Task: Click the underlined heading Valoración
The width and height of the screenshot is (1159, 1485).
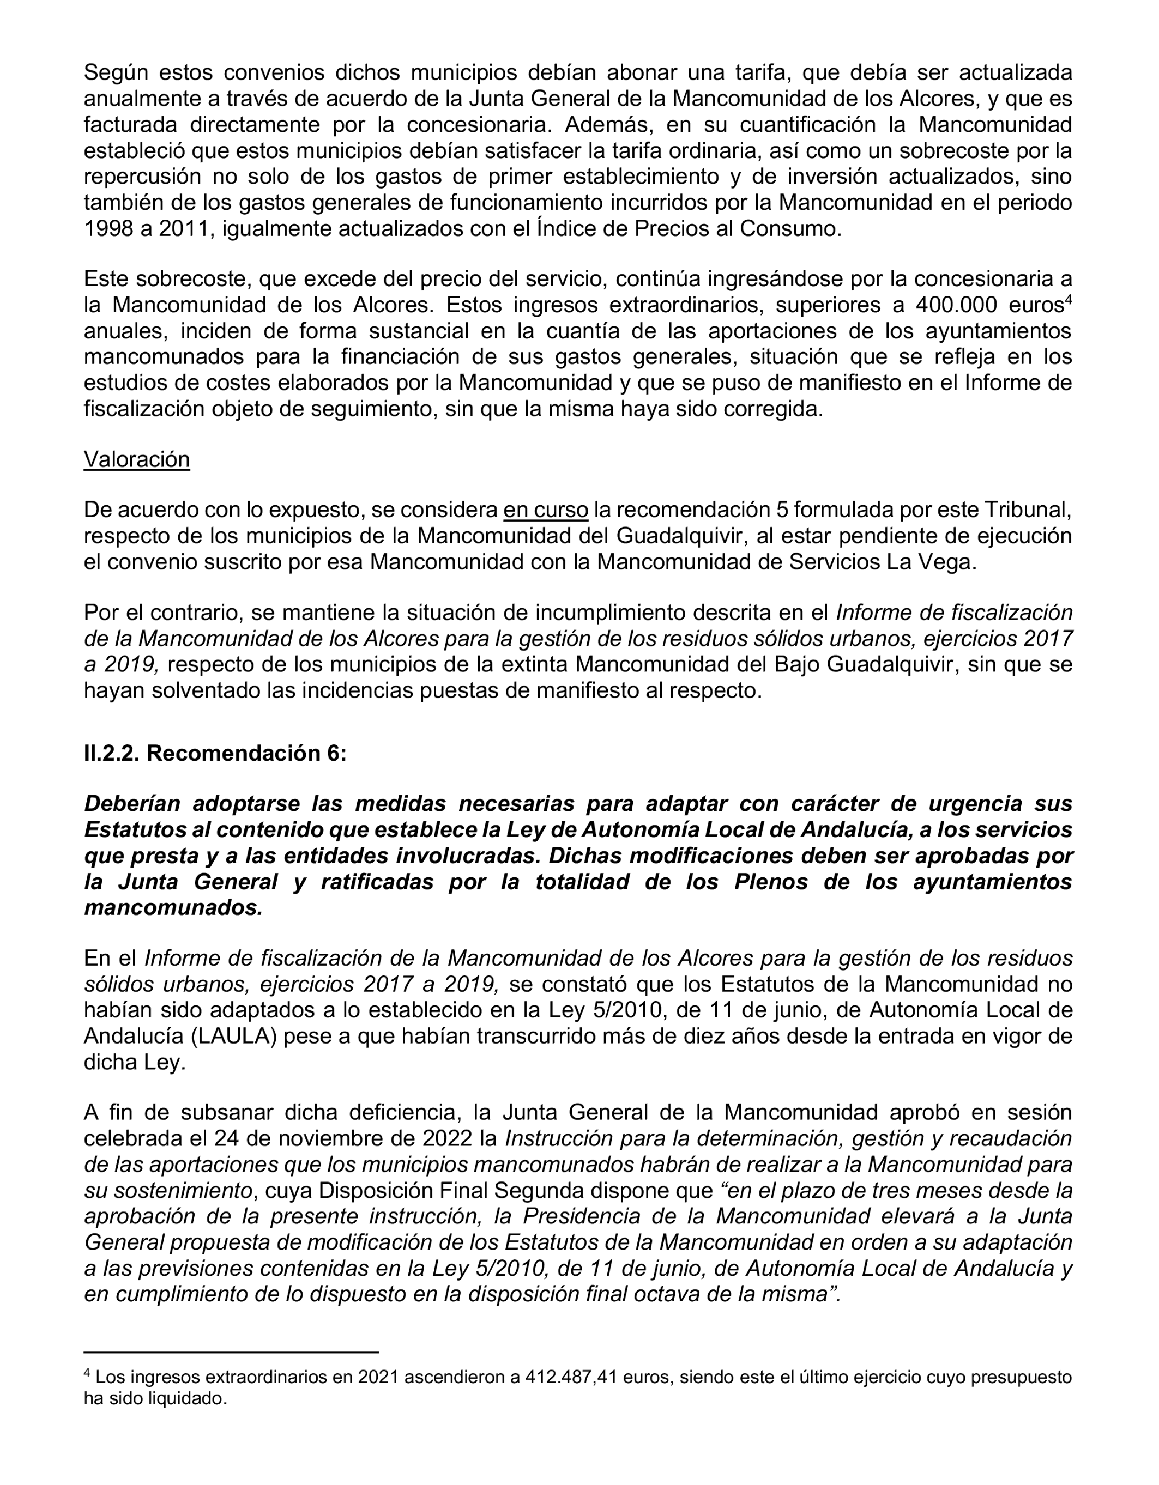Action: point(136,459)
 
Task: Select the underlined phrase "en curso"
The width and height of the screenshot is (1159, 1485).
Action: point(546,510)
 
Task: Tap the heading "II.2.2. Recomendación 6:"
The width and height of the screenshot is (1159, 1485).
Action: point(215,753)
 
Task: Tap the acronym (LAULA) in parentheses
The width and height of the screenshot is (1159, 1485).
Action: point(234,1037)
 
